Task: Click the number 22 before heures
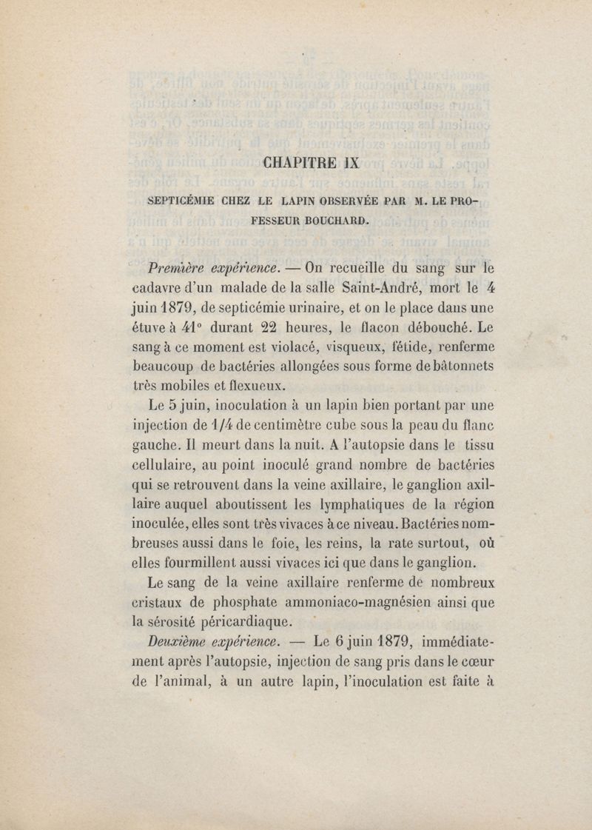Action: [253, 327]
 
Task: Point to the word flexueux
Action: [251, 386]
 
